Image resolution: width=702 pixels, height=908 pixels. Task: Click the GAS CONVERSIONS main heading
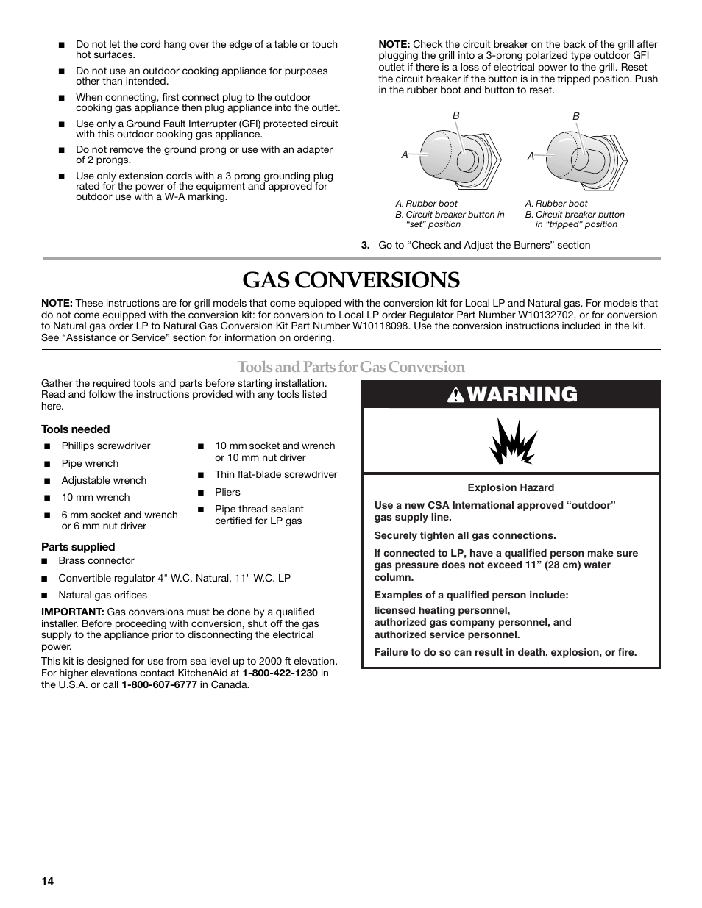pyautogui.click(x=351, y=280)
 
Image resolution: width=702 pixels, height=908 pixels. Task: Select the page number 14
pyautogui.click(x=47, y=882)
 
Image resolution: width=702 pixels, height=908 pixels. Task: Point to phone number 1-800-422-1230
pyautogui.click(x=280, y=673)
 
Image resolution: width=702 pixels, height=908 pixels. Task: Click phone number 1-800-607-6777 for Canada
pyautogui.click(x=159, y=684)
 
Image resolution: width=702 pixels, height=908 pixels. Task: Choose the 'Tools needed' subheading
pyautogui.click(x=75, y=429)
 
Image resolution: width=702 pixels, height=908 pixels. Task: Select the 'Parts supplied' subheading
pyautogui.click(x=78, y=547)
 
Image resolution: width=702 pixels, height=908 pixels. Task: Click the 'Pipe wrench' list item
pyautogui.click(x=90, y=463)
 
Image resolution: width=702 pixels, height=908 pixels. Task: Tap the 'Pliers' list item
pyautogui.click(x=227, y=492)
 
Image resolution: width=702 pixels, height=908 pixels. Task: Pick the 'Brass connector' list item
pyautogui.click(x=96, y=561)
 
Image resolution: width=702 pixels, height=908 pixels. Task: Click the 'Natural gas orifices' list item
pyautogui.click(x=102, y=596)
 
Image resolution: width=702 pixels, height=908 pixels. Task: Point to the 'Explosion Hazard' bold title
pyautogui.click(x=511, y=487)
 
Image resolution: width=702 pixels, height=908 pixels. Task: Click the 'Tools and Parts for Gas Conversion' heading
pyautogui.click(x=351, y=367)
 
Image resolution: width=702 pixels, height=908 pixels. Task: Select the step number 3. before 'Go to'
pyautogui.click(x=365, y=245)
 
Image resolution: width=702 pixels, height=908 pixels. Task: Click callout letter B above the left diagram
pyautogui.click(x=455, y=116)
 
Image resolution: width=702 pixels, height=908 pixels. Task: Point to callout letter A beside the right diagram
pyautogui.click(x=531, y=156)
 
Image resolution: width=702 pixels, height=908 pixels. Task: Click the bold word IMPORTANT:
pyautogui.click(x=72, y=612)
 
